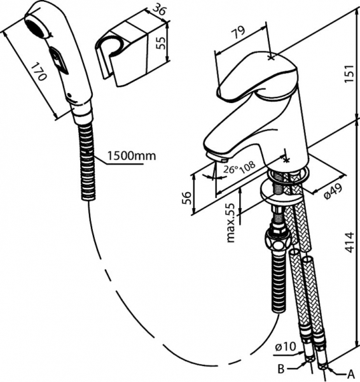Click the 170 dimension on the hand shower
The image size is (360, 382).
(39, 72)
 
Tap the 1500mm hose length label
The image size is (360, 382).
(132, 156)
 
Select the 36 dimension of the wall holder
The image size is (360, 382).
(160, 10)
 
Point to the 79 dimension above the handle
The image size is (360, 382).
(239, 32)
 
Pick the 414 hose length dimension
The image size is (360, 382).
(349, 243)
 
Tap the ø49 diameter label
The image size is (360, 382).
(334, 192)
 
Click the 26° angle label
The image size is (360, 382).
(231, 169)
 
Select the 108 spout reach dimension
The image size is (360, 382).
(248, 167)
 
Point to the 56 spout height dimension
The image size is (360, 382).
(186, 198)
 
